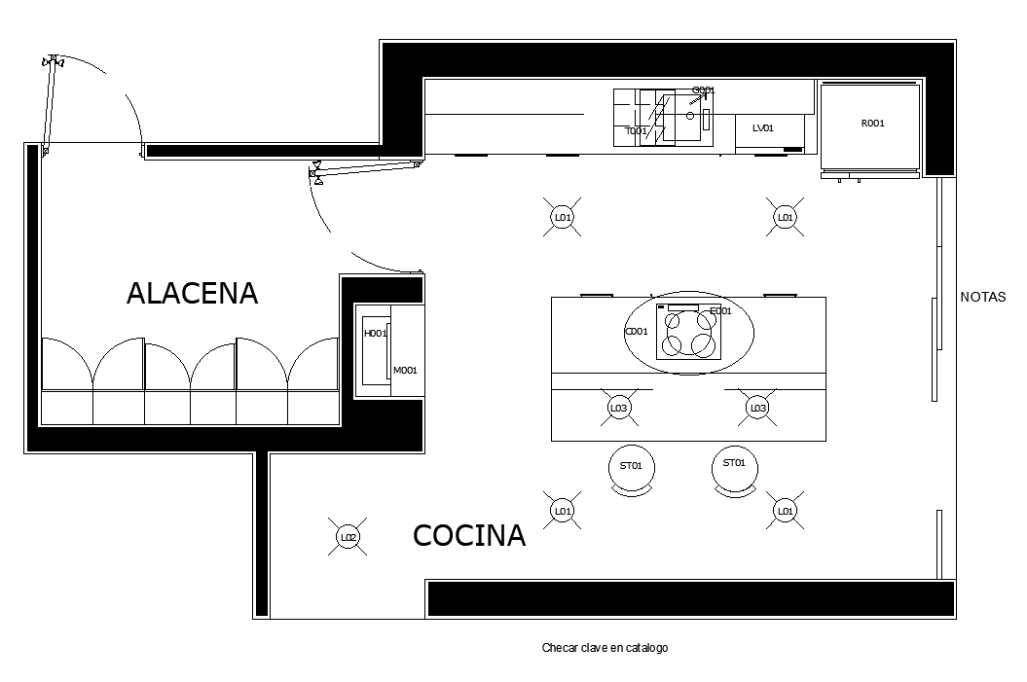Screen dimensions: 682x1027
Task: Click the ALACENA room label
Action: click(192, 293)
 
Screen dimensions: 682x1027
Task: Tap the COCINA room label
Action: click(469, 535)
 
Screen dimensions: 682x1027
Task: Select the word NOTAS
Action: click(983, 298)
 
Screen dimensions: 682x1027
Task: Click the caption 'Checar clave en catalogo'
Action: click(605, 648)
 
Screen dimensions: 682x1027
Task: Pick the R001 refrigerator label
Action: click(873, 124)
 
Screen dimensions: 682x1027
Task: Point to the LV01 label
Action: click(762, 127)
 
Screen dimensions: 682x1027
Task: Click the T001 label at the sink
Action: click(636, 130)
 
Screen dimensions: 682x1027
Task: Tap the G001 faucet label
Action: click(703, 90)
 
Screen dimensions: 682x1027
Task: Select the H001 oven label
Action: click(375, 334)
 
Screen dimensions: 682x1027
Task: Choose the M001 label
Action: click(405, 370)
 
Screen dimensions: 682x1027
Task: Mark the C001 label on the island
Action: click(636, 332)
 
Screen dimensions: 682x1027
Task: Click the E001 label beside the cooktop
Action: click(720, 311)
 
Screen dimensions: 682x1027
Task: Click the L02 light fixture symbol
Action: click(348, 536)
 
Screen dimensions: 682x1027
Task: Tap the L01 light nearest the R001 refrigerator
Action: click(785, 217)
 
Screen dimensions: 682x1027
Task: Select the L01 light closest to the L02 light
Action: click(562, 510)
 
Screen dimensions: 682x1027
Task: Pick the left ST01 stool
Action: click(631, 466)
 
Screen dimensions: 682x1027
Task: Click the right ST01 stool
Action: click(734, 464)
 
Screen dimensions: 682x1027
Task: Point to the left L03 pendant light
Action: click(618, 408)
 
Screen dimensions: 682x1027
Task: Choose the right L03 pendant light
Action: click(757, 408)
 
